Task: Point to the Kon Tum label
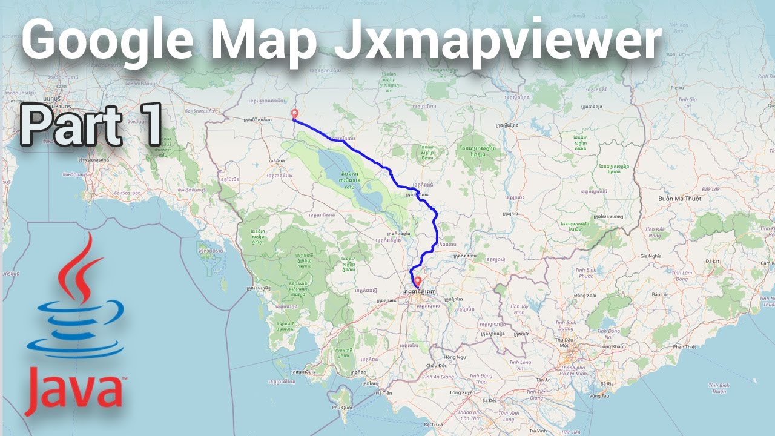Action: [676, 54]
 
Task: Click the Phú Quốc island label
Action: [342, 408]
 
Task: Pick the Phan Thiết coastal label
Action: [685, 346]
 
